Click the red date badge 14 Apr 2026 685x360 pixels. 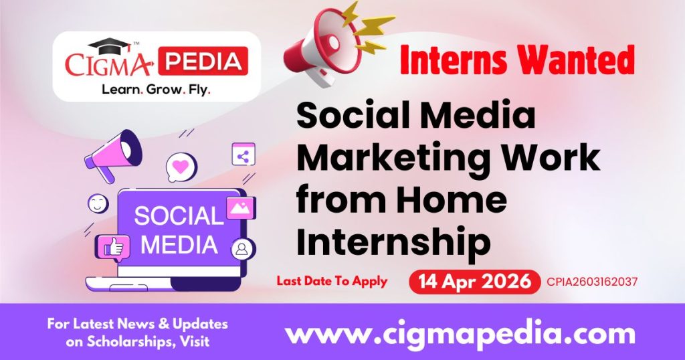click(474, 282)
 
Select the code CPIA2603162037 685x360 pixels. click(591, 282)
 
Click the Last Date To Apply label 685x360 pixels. click(332, 281)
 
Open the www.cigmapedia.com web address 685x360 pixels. click(460, 333)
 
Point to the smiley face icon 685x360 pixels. click(98, 203)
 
